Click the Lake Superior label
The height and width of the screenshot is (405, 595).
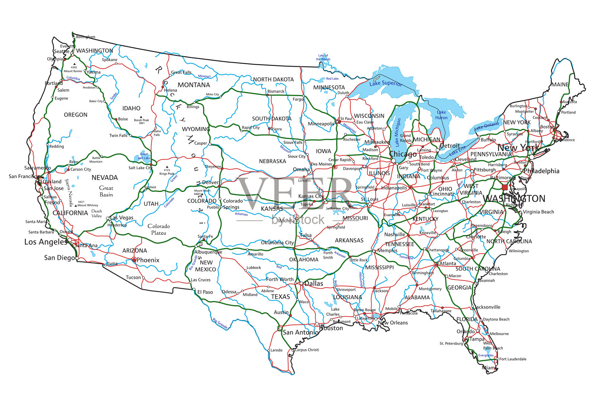tap(386, 83)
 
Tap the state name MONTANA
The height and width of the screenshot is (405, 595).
tap(194, 85)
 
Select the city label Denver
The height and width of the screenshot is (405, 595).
tap(210, 183)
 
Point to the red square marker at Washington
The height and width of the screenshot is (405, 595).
tap(505, 187)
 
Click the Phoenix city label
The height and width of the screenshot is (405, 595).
tap(148, 260)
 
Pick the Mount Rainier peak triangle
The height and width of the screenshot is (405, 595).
tap(74, 64)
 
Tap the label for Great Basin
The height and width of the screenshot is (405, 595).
tap(106, 191)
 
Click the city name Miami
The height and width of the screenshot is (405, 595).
tap(489, 368)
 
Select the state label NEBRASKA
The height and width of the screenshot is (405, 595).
tap(272, 161)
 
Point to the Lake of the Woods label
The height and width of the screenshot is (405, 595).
tap(323, 57)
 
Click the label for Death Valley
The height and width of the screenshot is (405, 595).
tap(97, 213)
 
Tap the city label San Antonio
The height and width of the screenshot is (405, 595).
tap(300, 332)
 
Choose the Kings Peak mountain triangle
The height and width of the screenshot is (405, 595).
tap(167, 167)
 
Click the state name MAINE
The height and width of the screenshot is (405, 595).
tap(560, 85)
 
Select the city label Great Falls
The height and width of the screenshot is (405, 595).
tap(181, 72)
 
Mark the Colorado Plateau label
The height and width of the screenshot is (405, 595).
tap(158, 230)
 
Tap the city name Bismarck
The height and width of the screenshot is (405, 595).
tap(276, 91)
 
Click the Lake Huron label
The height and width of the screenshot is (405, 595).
tap(441, 115)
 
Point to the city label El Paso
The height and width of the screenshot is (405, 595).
tap(205, 292)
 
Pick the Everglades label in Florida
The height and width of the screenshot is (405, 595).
tap(486, 355)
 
